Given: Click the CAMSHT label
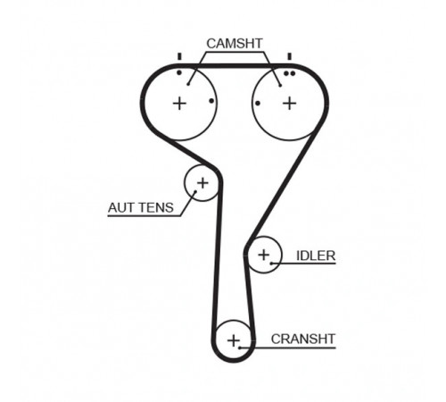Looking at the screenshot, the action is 235,44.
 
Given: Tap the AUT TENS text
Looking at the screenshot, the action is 141,207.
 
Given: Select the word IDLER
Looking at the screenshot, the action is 316,255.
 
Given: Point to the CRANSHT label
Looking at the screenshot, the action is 303,339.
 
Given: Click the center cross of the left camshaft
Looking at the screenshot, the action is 179,104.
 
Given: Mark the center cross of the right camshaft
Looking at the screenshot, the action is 290,104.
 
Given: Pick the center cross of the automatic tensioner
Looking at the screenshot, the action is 202,183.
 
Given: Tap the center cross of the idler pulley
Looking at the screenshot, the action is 264,255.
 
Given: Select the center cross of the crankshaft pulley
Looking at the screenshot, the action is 234,340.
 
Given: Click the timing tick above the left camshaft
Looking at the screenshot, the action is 179,56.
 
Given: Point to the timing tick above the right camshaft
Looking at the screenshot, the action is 289,56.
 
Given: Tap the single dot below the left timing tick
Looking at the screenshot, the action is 179,72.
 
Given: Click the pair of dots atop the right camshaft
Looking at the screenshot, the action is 289,73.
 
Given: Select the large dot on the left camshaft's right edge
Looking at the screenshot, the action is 211,101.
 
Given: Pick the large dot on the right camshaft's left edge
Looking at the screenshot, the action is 258,104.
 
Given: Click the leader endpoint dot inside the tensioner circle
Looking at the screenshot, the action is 195,191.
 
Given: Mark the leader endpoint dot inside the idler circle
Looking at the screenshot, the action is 271,264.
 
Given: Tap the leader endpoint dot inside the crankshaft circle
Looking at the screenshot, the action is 239,348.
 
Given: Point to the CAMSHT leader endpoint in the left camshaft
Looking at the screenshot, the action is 188,84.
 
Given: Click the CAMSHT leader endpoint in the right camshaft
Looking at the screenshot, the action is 280,86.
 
